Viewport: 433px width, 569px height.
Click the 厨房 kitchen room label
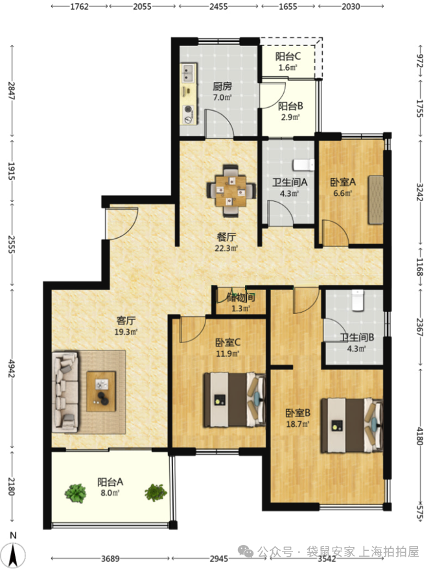tap(222, 86)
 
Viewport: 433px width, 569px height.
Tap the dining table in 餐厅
tap(231, 191)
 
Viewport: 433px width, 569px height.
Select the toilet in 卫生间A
tap(303, 165)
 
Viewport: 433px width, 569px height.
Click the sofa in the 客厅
tap(65, 392)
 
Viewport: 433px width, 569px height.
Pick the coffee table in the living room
tap(101, 391)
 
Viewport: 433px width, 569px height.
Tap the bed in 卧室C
tap(234, 400)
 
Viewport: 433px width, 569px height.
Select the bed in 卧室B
tap(352, 426)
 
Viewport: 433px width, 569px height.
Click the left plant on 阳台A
tap(76, 494)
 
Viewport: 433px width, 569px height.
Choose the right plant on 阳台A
tap(156, 493)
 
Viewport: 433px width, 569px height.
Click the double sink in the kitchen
tap(189, 73)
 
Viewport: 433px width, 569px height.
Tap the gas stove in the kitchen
tap(189, 114)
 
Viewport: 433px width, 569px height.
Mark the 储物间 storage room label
tap(240, 298)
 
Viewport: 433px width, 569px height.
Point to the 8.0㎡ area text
tap(110, 493)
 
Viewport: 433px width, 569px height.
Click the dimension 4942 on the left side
tap(12, 369)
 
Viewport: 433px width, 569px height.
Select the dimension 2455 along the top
tap(218, 6)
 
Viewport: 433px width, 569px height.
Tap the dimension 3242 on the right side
tap(419, 191)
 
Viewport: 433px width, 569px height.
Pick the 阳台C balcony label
tap(288, 56)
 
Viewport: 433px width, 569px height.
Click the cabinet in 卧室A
tap(376, 200)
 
